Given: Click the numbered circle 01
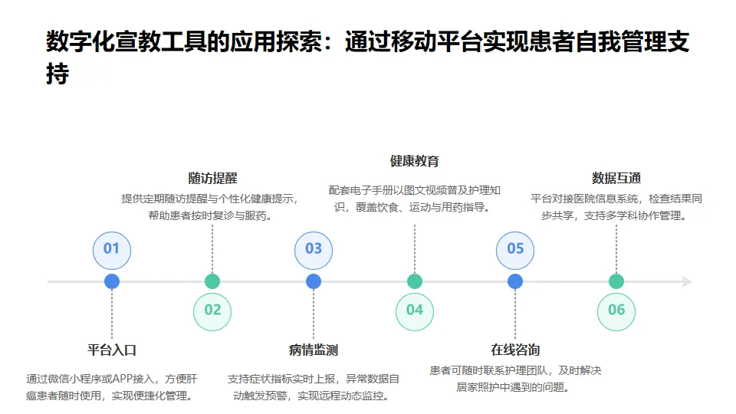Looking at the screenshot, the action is pyautogui.click(x=112, y=248).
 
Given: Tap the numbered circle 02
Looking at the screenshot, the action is pyautogui.click(x=212, y=310).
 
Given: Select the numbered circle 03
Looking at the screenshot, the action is pyautogui.click(x=314, y=248).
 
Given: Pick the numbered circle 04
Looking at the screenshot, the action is pyautogui.click(x=415, y=310).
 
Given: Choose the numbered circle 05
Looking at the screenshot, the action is pyautogui.click(x=515, y=248).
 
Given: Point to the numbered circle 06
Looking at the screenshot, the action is pyautogui.click(x=616, y=310).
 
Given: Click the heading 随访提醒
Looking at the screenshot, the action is pyautogui.click(x=212, y=179).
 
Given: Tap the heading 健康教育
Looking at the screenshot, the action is pyautogui.click(x=415, y=161).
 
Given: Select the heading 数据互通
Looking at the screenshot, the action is pyautogui.click(x=616, y=179).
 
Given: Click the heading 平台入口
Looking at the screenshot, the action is pyautogui.click(x=112, y=350).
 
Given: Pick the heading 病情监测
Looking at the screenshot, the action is pyautogui.click(x=314, y=350).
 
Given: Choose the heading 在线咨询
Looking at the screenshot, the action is pyautogui.click(x=515, y=350).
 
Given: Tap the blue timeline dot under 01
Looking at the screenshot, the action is pyautogui.click(x=112, y=281).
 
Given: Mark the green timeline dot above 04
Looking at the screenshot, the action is pyautogui.click(x=415, y=281).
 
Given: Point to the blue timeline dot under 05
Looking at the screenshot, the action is pyautogui.click(x=515, y=281).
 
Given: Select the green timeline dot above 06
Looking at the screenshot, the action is pyautogui.click(x=616, y=281).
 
